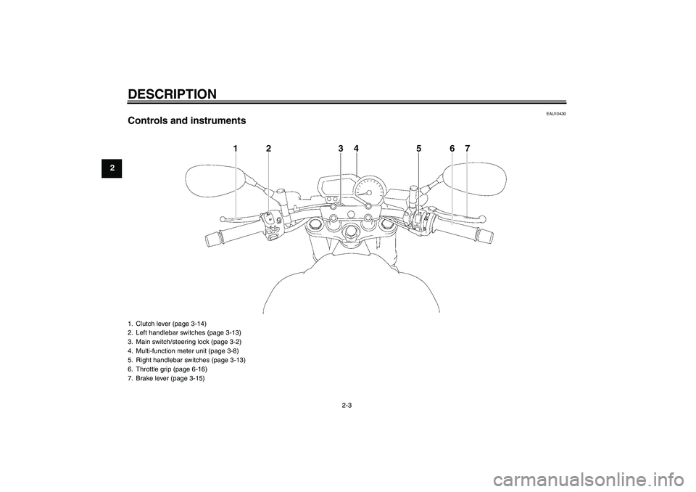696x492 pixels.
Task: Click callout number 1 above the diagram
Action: [x=236, y=149]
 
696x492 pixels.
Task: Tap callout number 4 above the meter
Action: [x=356, y=149]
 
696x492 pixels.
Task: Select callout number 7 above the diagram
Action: [x=467, y=149]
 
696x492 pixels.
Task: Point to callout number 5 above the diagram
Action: [x=418, y=149]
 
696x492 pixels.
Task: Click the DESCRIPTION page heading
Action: [x=173, y=94]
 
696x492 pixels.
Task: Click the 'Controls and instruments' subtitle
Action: [x=186, y=120]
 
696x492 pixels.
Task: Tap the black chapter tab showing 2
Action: [x=112, y=168]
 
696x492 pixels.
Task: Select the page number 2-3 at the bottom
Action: [x=347, y=405]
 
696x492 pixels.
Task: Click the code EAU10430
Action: [x=556, y=114]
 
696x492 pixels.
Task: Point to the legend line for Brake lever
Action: [x=166, y=379]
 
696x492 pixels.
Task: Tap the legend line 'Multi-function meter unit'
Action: [x=183, y=350]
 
